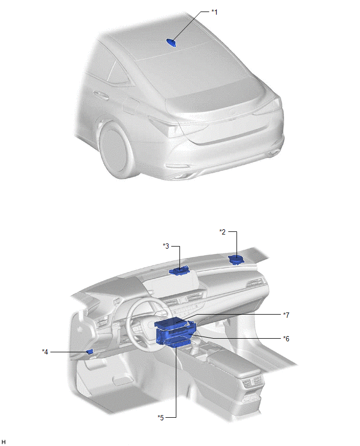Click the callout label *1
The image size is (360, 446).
214,12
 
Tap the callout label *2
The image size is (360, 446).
222,232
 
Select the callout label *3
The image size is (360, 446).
166,246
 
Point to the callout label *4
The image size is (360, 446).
45,352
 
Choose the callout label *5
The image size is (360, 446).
161,418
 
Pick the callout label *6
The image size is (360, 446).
286,339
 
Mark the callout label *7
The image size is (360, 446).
286,315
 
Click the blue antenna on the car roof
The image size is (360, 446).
171,43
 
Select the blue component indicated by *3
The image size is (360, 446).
179,270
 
